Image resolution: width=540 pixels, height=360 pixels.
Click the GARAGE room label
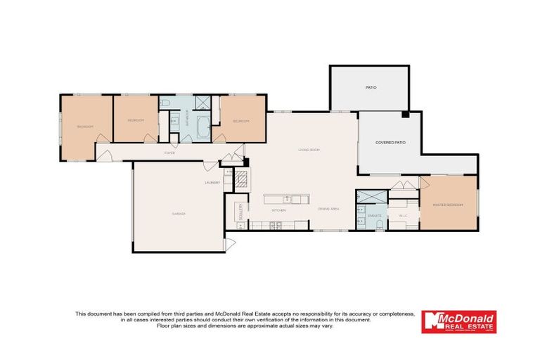click(x=178, y=214)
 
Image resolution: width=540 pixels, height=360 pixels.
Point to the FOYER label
click(x=169, y=153)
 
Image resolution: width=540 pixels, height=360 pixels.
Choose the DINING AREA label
click(x=329, y=210)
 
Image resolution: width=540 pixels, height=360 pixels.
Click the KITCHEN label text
click(x=278, y=210)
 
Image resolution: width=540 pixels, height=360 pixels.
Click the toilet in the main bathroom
click(x=165, y=103)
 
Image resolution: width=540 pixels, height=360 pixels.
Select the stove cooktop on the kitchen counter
click(x=275, y=225)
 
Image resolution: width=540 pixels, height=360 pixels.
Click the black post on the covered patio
click(x=405, y=115)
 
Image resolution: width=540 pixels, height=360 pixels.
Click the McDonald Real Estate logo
click(x=458, y=321)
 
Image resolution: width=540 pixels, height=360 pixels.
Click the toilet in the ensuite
click(x=378, y=225)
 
